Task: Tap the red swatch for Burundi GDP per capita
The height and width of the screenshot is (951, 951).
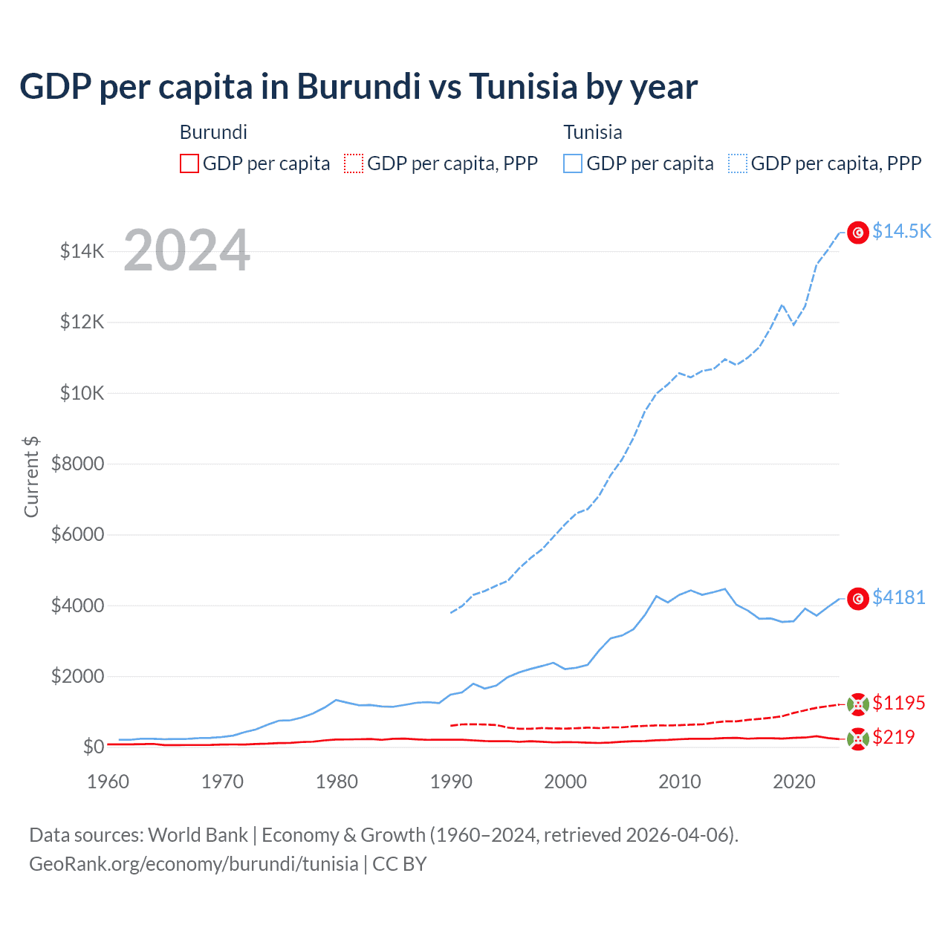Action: tap(189, 163)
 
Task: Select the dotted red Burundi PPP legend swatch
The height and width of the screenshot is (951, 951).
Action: tap(354, 163)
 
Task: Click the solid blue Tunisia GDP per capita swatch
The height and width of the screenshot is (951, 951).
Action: tap(573, 163)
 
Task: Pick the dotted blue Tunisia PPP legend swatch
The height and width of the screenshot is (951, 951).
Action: tap(738, 163)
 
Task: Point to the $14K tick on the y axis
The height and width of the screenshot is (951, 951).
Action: tap(82, 251)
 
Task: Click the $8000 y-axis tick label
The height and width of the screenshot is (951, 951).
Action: tap(77, 464)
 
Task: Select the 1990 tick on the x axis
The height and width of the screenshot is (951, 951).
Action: tap(451, 782)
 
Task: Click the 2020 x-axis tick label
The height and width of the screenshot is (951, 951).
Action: tap(794, 782)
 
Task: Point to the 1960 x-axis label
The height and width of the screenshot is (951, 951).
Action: tap(108, 782)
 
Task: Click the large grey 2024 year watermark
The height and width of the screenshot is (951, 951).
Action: tap(186, 250)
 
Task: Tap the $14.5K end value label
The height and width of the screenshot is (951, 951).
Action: tap(901, 231)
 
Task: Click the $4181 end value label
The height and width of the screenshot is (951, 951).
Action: tap(898, 597)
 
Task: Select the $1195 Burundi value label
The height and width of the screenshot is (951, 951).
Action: tap(898, 703)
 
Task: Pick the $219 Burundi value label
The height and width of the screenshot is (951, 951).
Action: tap(893, 737)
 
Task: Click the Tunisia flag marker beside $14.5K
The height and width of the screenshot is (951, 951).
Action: tap(858, 233)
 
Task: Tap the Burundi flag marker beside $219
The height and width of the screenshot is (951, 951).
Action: tap(858, 739)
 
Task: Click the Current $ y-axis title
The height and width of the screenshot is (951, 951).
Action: tap(31, 477)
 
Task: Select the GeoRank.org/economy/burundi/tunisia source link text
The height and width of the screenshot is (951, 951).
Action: tap(193, 864)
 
